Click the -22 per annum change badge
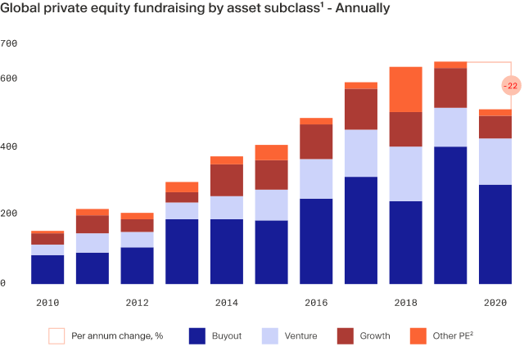tap(509, 86)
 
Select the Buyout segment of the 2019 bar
tap(450, 215)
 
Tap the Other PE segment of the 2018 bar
tap(405, 89)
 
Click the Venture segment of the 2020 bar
tap(495, 161)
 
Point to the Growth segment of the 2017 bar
tap(360, 109)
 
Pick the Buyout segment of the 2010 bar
tap(47, 269)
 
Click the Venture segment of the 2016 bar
tap(316, 178)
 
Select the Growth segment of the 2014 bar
tap(227, 180)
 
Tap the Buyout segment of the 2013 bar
tap(182, 251)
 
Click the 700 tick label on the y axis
tap(9, 43)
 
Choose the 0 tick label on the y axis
tap(3, 283)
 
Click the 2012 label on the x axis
tap(137, 303)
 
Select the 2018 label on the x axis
tap(405, 303)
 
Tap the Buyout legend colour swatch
tap(196, 335)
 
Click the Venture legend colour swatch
tap(270, 335)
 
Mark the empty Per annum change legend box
tap(56, 335)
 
